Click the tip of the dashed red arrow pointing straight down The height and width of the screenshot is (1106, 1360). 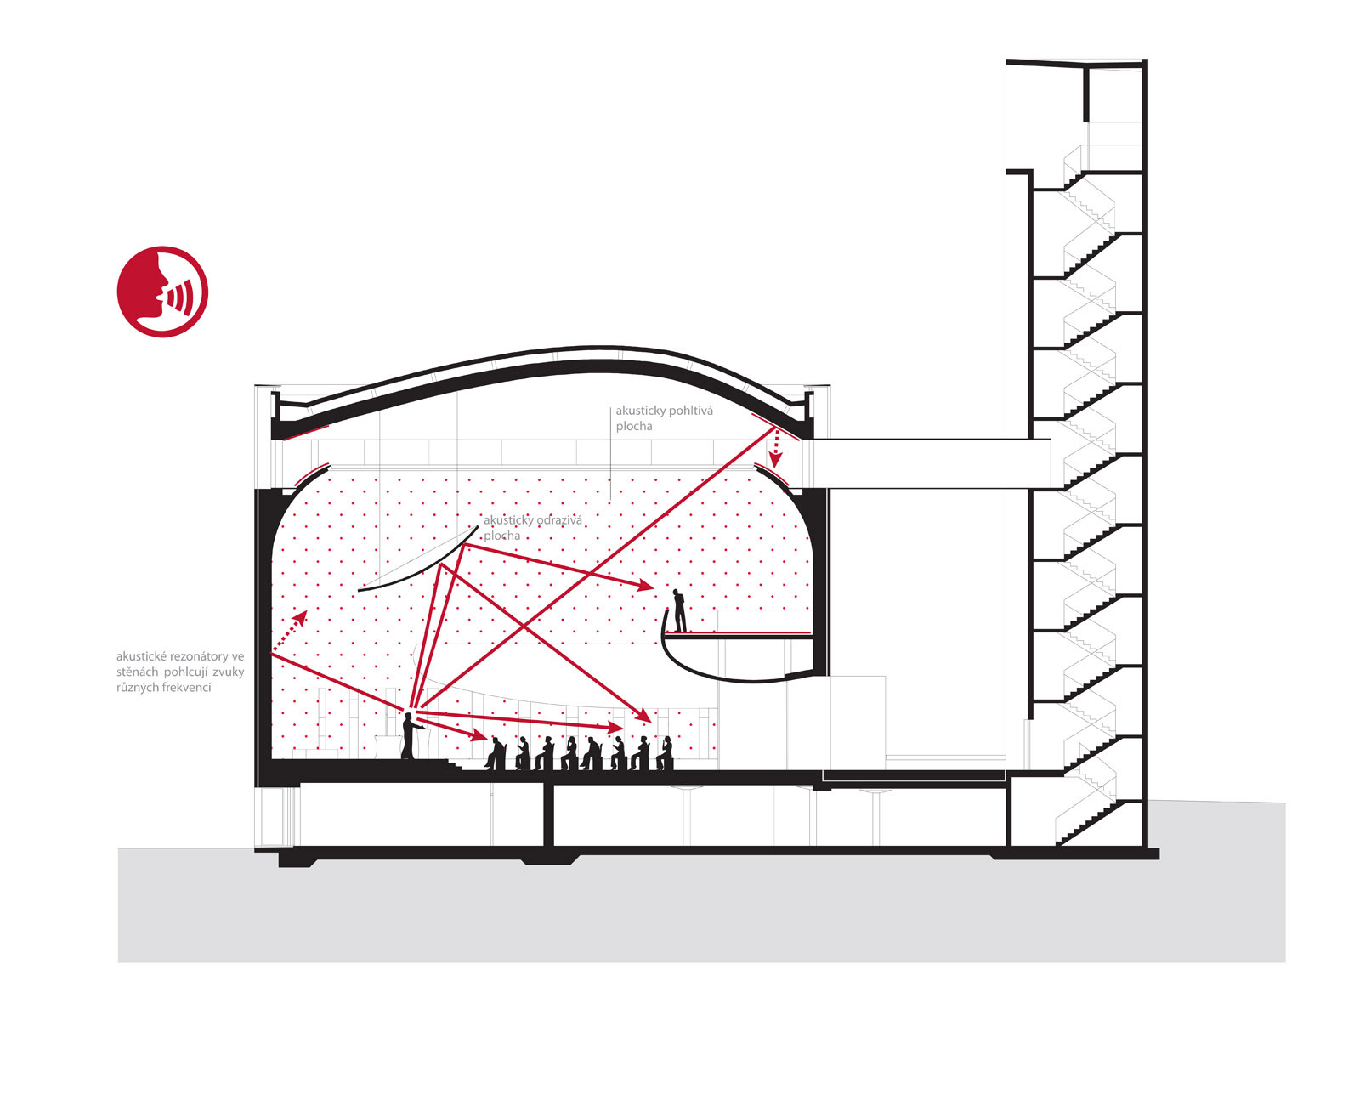coord(774,468)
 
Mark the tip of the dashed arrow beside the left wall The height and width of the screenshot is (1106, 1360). coord(307,610)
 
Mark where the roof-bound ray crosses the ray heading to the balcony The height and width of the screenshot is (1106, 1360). coord(588,574)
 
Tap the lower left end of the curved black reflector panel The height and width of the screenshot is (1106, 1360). coord(358,590)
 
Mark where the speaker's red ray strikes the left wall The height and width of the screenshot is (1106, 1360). coord(272,652)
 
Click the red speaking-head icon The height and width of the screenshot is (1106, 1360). coord(163,292)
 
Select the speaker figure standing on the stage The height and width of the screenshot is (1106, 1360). coord(410,735)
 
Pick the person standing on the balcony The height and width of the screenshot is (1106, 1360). coord(679,610)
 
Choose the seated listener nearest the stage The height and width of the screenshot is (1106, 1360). coord(495,753)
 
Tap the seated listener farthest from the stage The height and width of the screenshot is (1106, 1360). coord(665,753)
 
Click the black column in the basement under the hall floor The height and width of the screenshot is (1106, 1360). coord(548,814)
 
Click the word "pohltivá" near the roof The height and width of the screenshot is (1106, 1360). coord(688,411)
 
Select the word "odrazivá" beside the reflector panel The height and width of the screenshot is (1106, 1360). coord(558,519)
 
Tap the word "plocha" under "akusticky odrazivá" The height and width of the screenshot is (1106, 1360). coord(501,536)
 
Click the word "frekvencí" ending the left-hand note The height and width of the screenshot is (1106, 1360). coord(185,687)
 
